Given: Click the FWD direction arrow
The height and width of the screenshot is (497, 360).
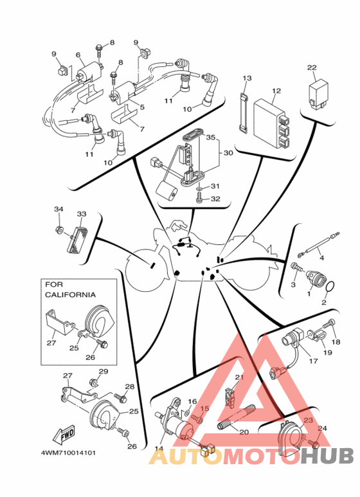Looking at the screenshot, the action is (x=64, y=435).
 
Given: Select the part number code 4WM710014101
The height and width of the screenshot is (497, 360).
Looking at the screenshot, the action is (x=68, y=453).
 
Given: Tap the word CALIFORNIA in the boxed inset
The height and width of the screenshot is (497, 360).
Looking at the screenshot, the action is (x=70, y=294).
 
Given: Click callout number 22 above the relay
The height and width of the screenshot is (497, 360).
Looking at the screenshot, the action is (x=312, y=68).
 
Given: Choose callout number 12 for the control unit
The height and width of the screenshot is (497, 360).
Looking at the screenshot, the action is (x=276, y=91).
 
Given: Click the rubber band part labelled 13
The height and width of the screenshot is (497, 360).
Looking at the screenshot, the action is (x=243, y=113).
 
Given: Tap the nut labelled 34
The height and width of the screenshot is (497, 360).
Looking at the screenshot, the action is (x=59, y=229).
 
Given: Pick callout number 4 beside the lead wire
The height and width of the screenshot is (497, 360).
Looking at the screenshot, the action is (x=321, y=258).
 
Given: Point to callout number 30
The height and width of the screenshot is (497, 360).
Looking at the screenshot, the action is (x=228, y=153).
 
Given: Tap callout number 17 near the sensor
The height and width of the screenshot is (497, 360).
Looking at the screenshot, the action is (x=313, y=361).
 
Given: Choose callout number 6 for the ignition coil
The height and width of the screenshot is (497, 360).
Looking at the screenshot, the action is (x=78, y=55).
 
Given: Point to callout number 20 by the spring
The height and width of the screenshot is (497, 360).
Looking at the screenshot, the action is (x=244, y=432).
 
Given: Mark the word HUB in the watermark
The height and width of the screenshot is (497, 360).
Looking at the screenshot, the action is (x=327, y=456).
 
